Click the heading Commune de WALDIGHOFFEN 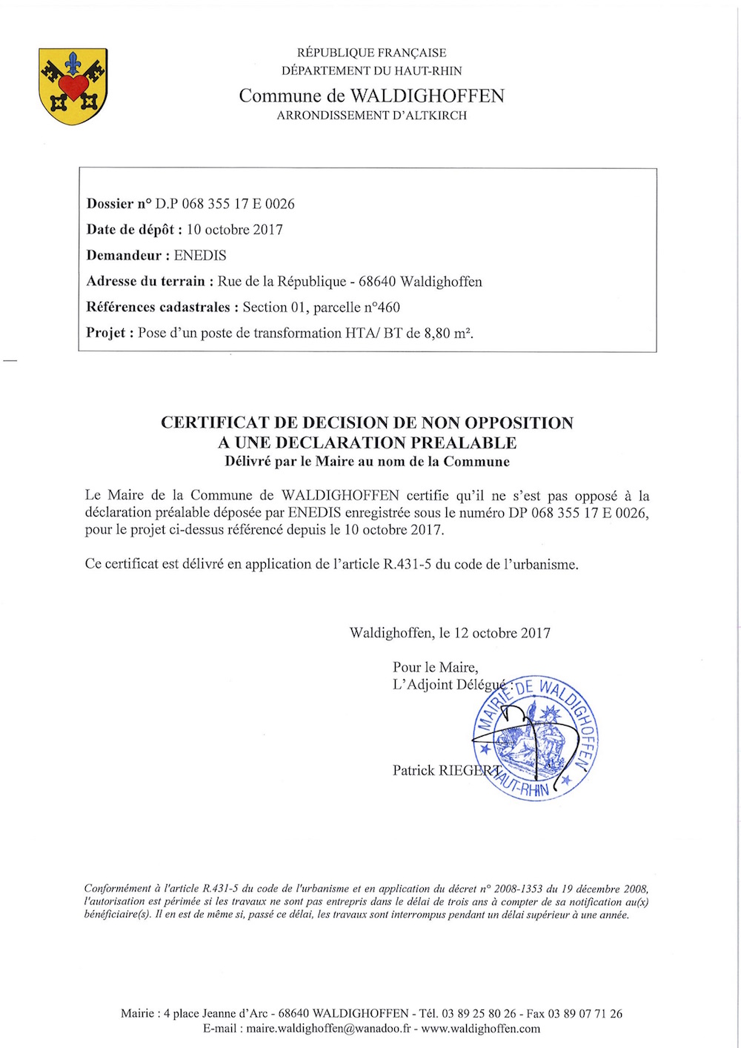tap(371, 96)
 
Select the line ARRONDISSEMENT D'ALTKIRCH tap(371, 116)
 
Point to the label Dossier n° tap(119, 204)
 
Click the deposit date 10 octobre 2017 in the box tap(234, 230)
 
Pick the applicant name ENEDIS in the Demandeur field tap(200, 256)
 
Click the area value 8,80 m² tap(448, 333)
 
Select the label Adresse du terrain tap(145, 282)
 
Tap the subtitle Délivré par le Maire tap(296, 462)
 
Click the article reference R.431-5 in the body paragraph tap(408, 564)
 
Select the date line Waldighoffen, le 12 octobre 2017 tap(450, 633)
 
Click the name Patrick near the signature tap(413, 771)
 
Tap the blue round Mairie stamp tap(535, 737)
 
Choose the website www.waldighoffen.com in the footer tap(480, 1029)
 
